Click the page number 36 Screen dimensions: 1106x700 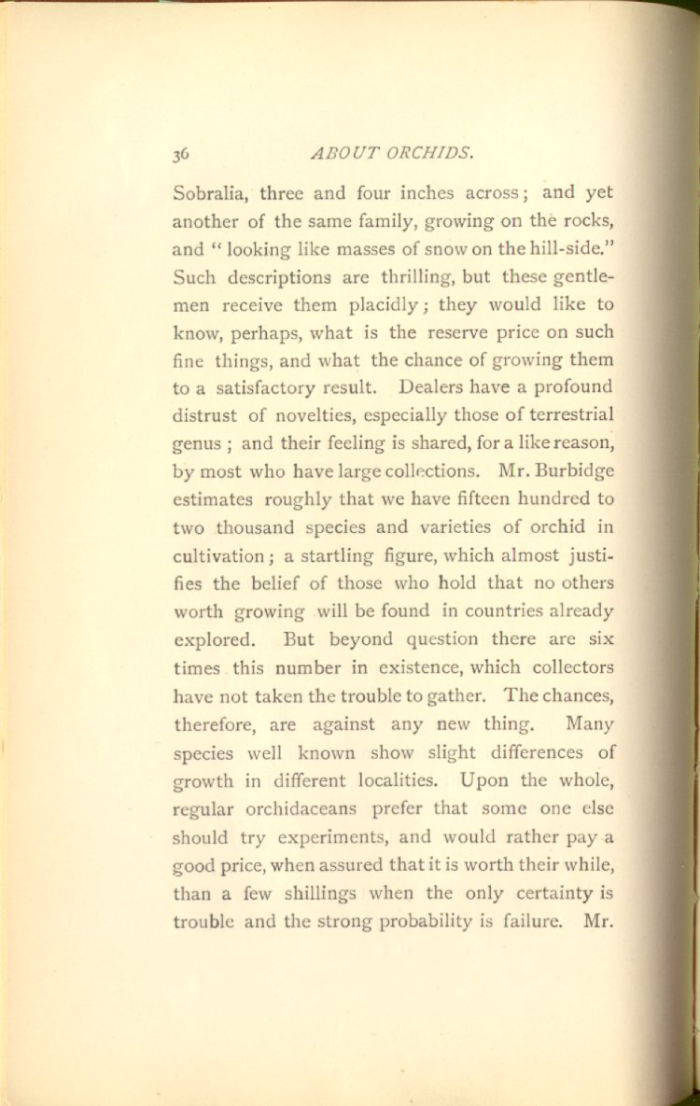coord(181,154)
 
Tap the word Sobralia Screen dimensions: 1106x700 coord(211,195)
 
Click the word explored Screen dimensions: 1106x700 coord(213,639)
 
